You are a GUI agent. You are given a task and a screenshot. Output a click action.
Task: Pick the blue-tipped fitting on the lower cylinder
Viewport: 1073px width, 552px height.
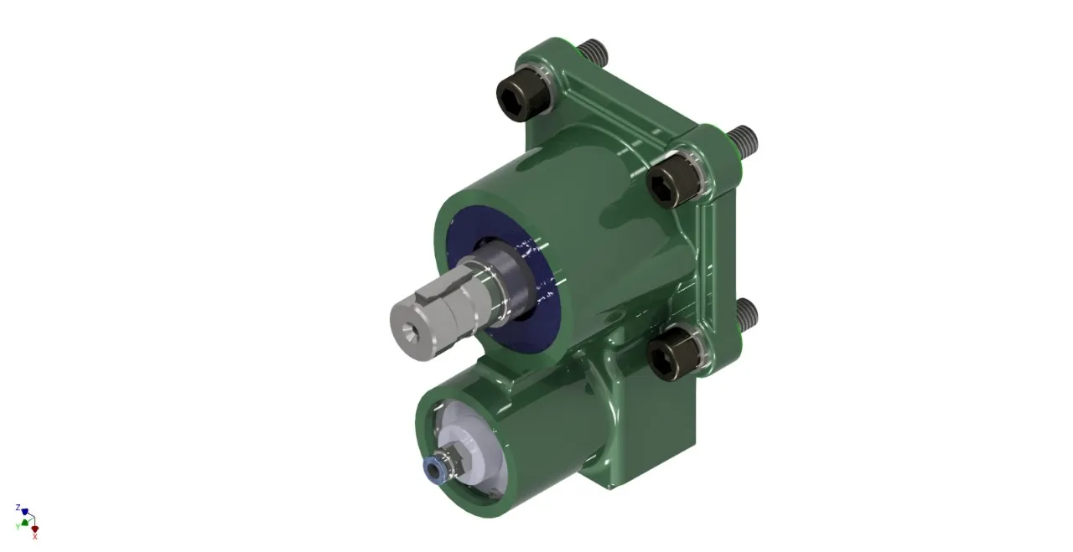(433, 471)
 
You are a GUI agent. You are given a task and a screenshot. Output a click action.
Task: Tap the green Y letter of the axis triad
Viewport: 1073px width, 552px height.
(18, 526)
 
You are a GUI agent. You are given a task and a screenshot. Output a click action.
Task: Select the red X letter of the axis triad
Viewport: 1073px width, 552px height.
(34, 537)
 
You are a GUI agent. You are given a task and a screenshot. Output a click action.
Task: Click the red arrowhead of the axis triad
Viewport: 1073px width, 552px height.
(34, 529)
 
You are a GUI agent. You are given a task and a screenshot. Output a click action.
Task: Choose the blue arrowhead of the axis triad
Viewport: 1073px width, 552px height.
(24, 512)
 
